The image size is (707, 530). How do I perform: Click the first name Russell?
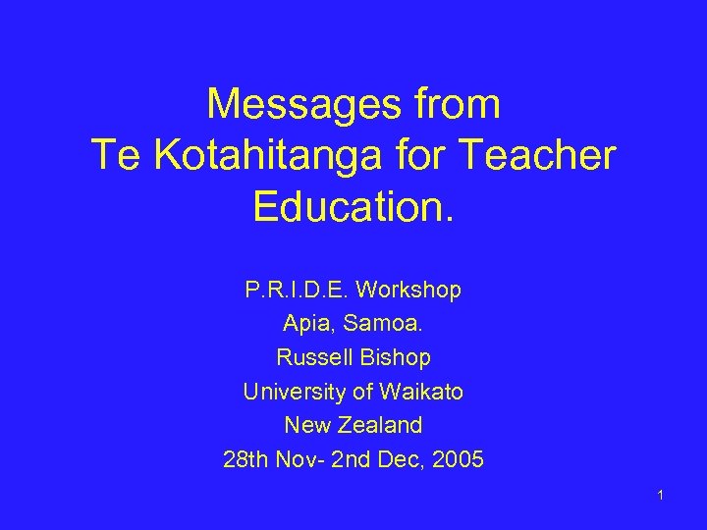click(x=312, y=358)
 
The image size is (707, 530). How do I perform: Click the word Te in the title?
click(x=112, y=154)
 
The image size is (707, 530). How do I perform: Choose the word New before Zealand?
click(x=307, y=425)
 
